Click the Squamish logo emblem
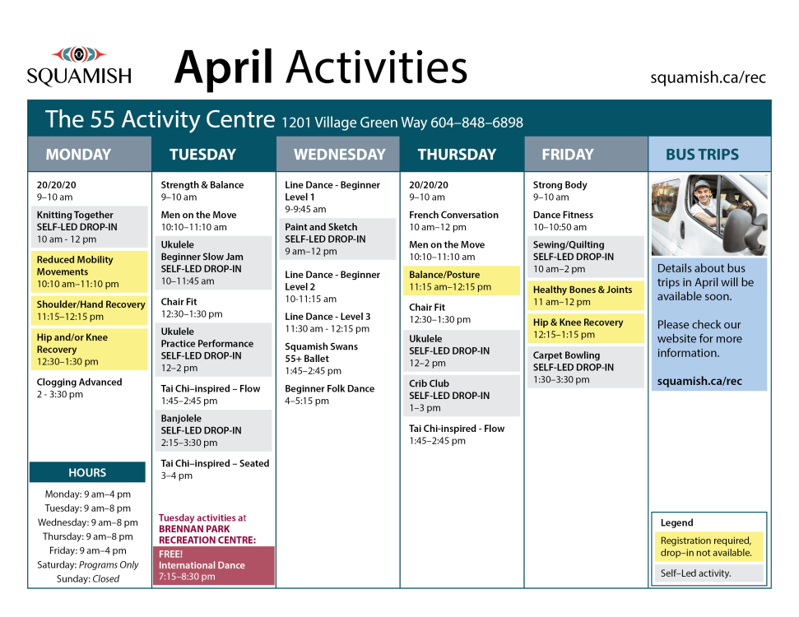coord(79,55)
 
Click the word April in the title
coord(223,67)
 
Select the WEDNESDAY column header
coord(339,155)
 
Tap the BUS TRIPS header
coord(701,155)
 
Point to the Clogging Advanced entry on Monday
coord(79,388)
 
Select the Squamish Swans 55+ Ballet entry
coord(321,359)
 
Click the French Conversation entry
coord(453,220)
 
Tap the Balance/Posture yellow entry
coord(460,281)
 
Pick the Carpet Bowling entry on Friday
coord(584,367)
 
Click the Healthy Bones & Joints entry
coord(585,295)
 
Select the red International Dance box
coord(214,565)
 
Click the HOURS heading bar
coord(87,473)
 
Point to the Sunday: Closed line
coord(88,578)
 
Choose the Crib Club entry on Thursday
coord(460,396)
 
